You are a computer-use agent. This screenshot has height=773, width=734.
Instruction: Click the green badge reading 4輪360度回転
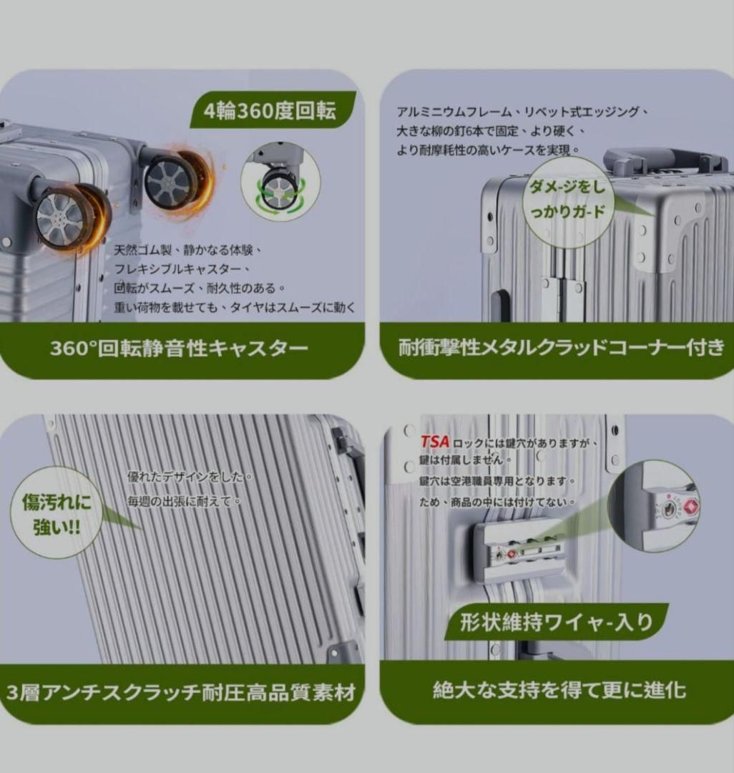tap(273, 110)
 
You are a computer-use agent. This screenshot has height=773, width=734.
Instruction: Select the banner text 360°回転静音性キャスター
tap(179, 349)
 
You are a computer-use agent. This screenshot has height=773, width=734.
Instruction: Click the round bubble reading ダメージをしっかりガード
tap(567, 202)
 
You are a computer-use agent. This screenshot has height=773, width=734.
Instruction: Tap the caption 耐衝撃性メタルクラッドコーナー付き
tap(561, 348)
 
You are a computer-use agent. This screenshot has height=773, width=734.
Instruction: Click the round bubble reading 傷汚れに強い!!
tap(56, 513)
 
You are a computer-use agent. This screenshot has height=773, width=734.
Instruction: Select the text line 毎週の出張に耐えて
tap(184, 501)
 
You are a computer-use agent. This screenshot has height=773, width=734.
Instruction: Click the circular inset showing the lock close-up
tap(653, 507)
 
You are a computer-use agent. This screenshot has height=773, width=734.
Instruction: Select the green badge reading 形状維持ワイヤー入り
tap(557, 622)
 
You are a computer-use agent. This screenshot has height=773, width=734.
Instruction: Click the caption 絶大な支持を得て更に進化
tap(559, 690)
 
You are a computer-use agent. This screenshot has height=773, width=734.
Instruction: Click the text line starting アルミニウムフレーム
tap(523, 112)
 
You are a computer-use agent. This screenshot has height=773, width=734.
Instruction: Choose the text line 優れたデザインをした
tap(190, 477)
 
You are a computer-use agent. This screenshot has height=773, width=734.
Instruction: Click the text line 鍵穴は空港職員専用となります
tap(497, 481)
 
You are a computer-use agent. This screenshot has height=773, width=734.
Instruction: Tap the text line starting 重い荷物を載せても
tap(235, 308)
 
